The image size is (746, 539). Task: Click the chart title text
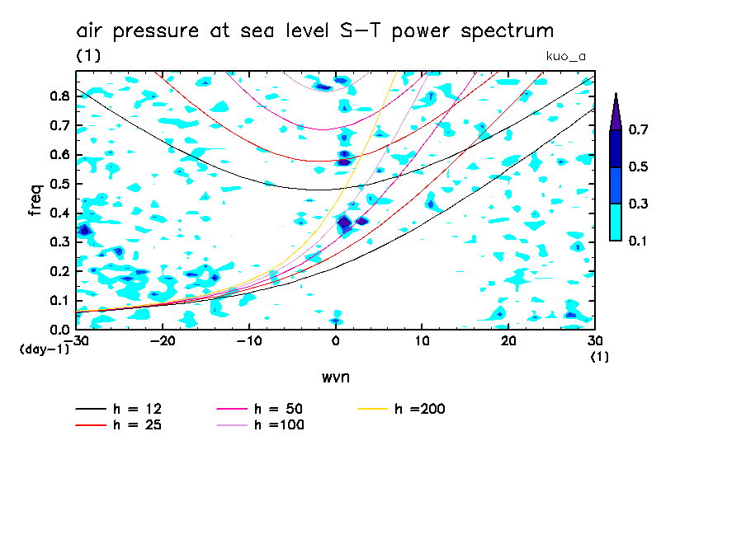coord(315,31)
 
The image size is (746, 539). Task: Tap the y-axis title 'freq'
coord(35,200)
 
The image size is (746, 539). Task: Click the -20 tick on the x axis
coord(163,340)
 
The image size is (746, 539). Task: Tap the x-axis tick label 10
coord(422,340)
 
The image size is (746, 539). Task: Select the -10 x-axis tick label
coord(248,340)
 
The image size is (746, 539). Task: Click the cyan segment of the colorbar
coord(616,222)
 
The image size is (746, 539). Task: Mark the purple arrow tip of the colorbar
coord(616,112)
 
